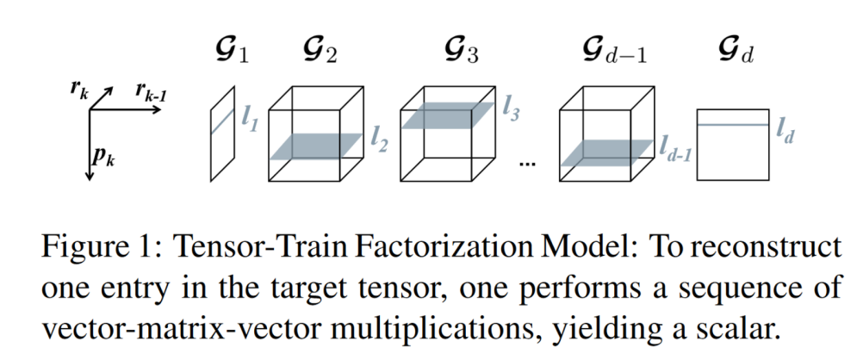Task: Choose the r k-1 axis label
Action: coord(152,90)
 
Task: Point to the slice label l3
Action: coord(510,112)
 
